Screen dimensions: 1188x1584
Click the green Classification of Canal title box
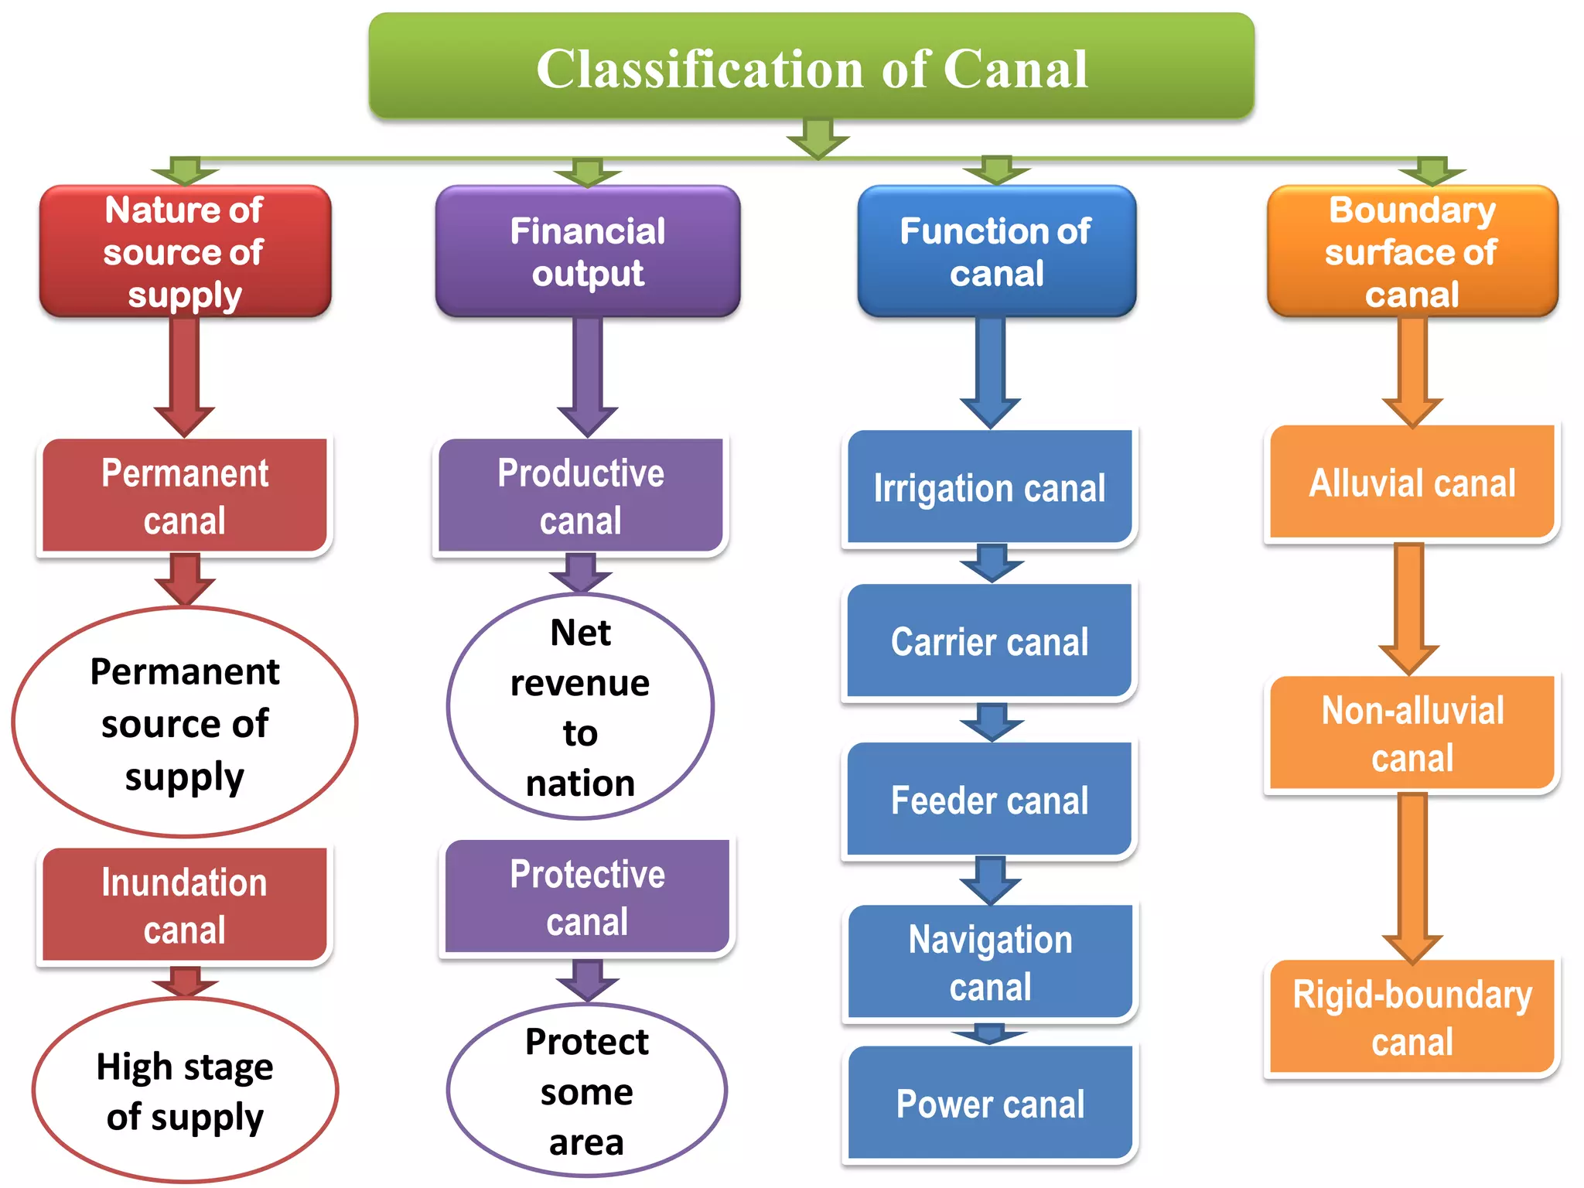point(811,67)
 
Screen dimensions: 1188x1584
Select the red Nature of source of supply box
point(185,251)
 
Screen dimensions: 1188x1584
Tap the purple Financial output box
point(588,251)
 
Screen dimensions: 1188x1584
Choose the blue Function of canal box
point(996,251)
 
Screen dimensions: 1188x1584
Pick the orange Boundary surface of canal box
point(1412,251)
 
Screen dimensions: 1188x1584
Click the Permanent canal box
point(185,496)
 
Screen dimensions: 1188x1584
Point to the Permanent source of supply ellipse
point(185,722)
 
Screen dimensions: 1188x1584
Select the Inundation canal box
point(185,905)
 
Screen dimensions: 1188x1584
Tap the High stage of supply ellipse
point(185,1091)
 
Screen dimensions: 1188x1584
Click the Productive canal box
point(580,496)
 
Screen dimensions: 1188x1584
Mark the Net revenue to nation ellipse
point(580,706)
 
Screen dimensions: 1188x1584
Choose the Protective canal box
point(587,897)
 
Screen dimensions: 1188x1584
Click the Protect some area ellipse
point(587,1091)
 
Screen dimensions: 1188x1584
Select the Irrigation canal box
point(989,487)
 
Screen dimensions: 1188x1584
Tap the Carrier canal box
point(989,642)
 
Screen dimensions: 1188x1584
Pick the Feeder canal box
point(989,800)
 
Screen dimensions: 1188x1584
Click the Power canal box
point(989,1103)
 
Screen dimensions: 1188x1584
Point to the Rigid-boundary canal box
point(1412,1017)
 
